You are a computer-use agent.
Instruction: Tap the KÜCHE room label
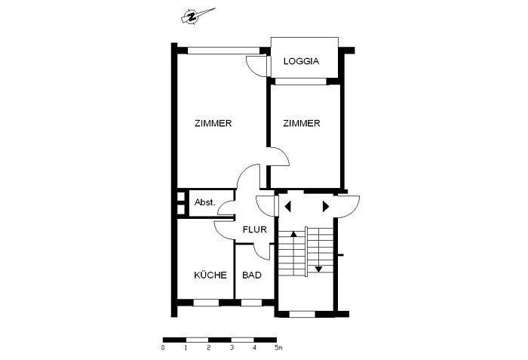pos(210,275)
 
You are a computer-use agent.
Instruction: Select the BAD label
pos(252,275)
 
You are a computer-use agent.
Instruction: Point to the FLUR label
pos(251,230)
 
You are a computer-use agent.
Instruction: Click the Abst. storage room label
pos(205,202)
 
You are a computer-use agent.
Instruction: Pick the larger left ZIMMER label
pos(213,124)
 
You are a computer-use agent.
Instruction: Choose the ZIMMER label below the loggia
pos(302,124)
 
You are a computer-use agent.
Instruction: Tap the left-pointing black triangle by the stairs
pos(288,205)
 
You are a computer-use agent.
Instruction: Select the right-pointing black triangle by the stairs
pos(326,205)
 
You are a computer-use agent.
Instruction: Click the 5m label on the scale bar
pos(278,348)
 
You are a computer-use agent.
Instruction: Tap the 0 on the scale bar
pos(163,348)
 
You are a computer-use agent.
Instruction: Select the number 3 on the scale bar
pos(232,348)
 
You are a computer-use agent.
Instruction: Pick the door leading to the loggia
pos(259,66)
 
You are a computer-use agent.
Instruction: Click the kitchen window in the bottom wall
pos(204,303)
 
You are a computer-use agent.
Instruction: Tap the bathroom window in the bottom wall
pos(250,303)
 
